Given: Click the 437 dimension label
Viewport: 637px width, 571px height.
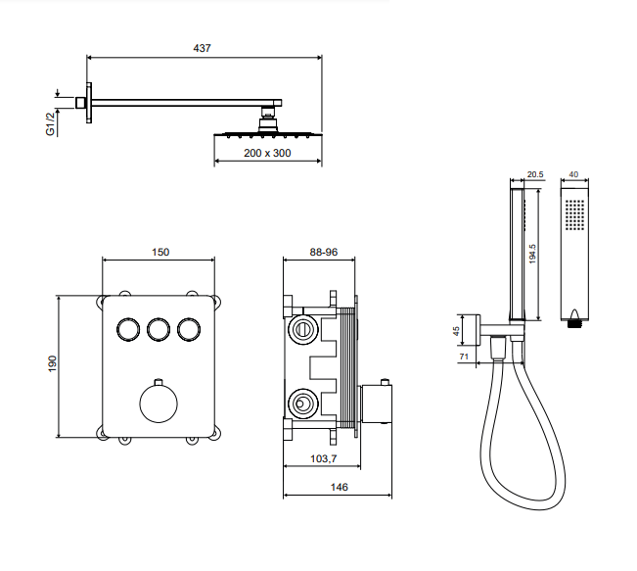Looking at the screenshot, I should [203, 47].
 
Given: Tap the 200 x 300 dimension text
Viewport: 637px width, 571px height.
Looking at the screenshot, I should [267, 155].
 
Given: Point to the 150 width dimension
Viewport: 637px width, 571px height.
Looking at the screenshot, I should [159, 252].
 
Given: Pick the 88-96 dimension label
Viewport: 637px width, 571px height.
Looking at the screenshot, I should [323, 252].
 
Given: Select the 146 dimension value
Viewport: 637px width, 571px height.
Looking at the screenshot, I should [340, 486].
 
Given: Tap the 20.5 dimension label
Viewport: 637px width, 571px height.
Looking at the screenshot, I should [534, 175].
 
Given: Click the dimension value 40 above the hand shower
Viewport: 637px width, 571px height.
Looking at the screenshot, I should [573, 175].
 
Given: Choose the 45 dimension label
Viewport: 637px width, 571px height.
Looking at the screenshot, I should [456, 331].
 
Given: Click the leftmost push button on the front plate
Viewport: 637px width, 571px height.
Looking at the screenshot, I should [126, 330].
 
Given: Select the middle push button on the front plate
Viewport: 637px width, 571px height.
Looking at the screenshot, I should [158, 330].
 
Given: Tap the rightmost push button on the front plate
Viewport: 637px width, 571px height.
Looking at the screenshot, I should [189, 330].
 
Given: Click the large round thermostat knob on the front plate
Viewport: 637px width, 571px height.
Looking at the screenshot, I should [157, 402].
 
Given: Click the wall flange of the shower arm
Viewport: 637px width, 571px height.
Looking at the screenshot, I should [89, 101].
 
